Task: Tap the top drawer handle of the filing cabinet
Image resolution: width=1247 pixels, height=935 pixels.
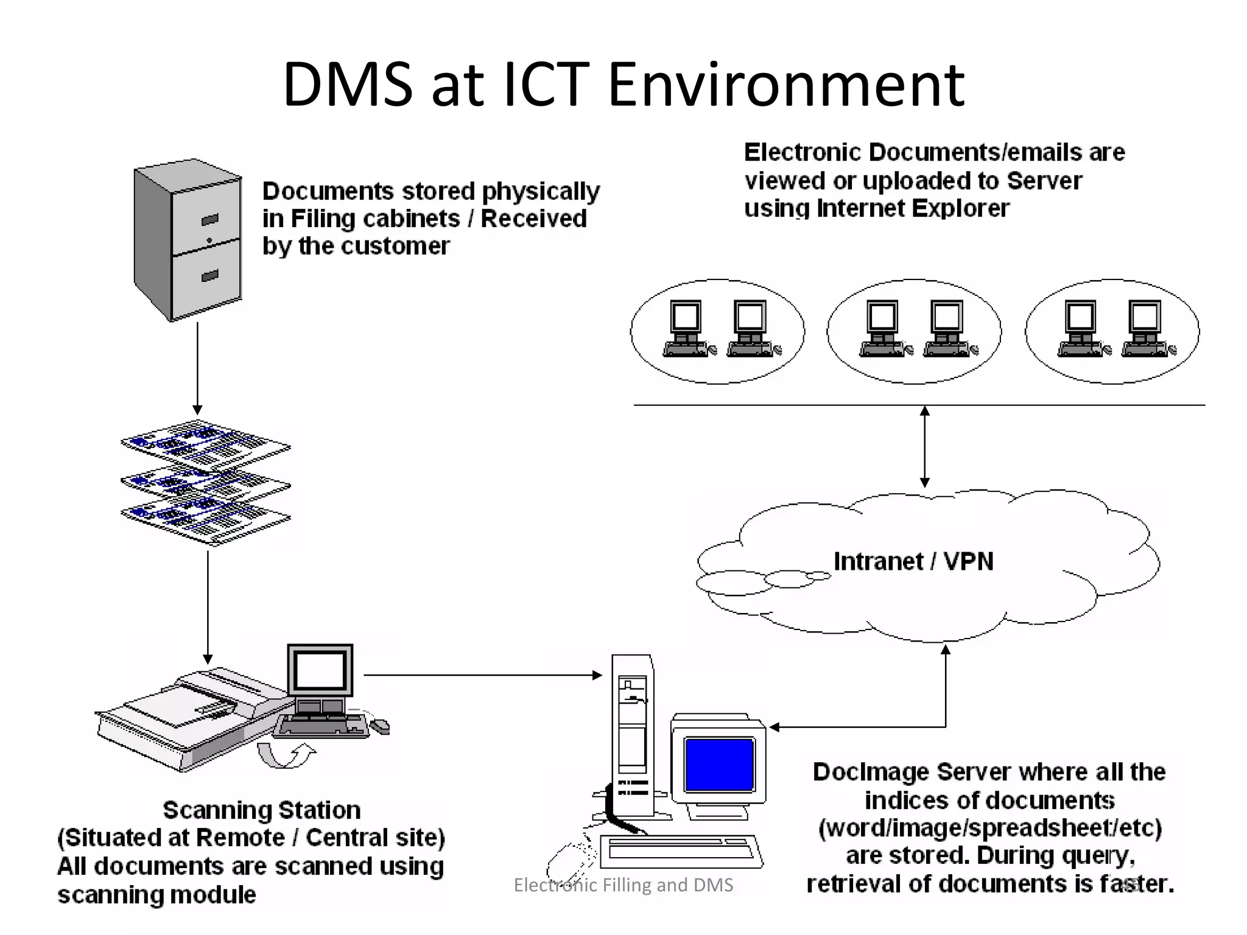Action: [x=209, y=220]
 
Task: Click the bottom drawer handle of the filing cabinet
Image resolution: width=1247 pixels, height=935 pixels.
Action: [x=209, y=276]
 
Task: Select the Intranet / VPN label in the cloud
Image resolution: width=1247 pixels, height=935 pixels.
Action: [x=913, y=561]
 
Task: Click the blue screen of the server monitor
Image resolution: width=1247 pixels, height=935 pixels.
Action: [x=719, y=765]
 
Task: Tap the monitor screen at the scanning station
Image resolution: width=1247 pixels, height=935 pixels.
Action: [x=320, y=670]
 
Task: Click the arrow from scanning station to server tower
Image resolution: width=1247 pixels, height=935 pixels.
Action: [x=481, y=674]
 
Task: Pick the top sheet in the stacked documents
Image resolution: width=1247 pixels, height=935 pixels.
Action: [x=206, y=443]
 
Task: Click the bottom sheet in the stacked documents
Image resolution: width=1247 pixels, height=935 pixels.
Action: [x=206, y=520]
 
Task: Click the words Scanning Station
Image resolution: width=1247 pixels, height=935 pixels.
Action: [x=262, y=810]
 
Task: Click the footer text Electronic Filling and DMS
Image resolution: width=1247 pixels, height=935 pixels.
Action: [x=623, y=884]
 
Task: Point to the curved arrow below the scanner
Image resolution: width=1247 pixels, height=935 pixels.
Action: [x=286, y=755]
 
